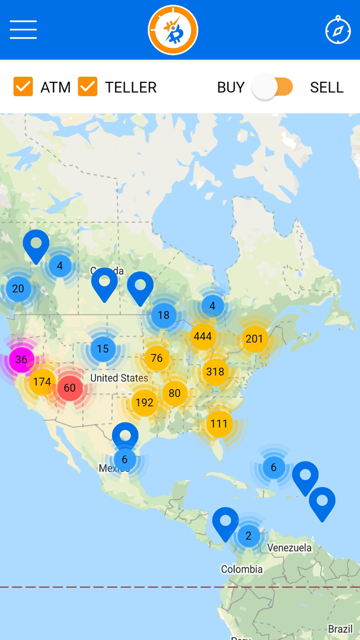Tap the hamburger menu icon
coord(23,30)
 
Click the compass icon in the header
coord(338,30)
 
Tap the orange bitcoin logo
coord(173,30)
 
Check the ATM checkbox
coord(23,87)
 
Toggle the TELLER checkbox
coord(88,87)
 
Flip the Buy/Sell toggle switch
coord(273,87)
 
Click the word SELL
coord(327,87)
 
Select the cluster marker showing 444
coord(203,336)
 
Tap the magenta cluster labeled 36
coord(21,359)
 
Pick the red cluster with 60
coord(69,388)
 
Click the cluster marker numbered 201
coord(254,339)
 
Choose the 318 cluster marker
coord(215,371)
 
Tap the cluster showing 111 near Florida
coord(219,424)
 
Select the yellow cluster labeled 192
coord(145,402)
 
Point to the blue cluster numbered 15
coord(103,349)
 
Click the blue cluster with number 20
coord(18,289)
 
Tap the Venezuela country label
coord(290,548)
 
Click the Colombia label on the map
coord(242,570)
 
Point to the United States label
coord(119,378)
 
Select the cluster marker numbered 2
coord(248,536)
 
